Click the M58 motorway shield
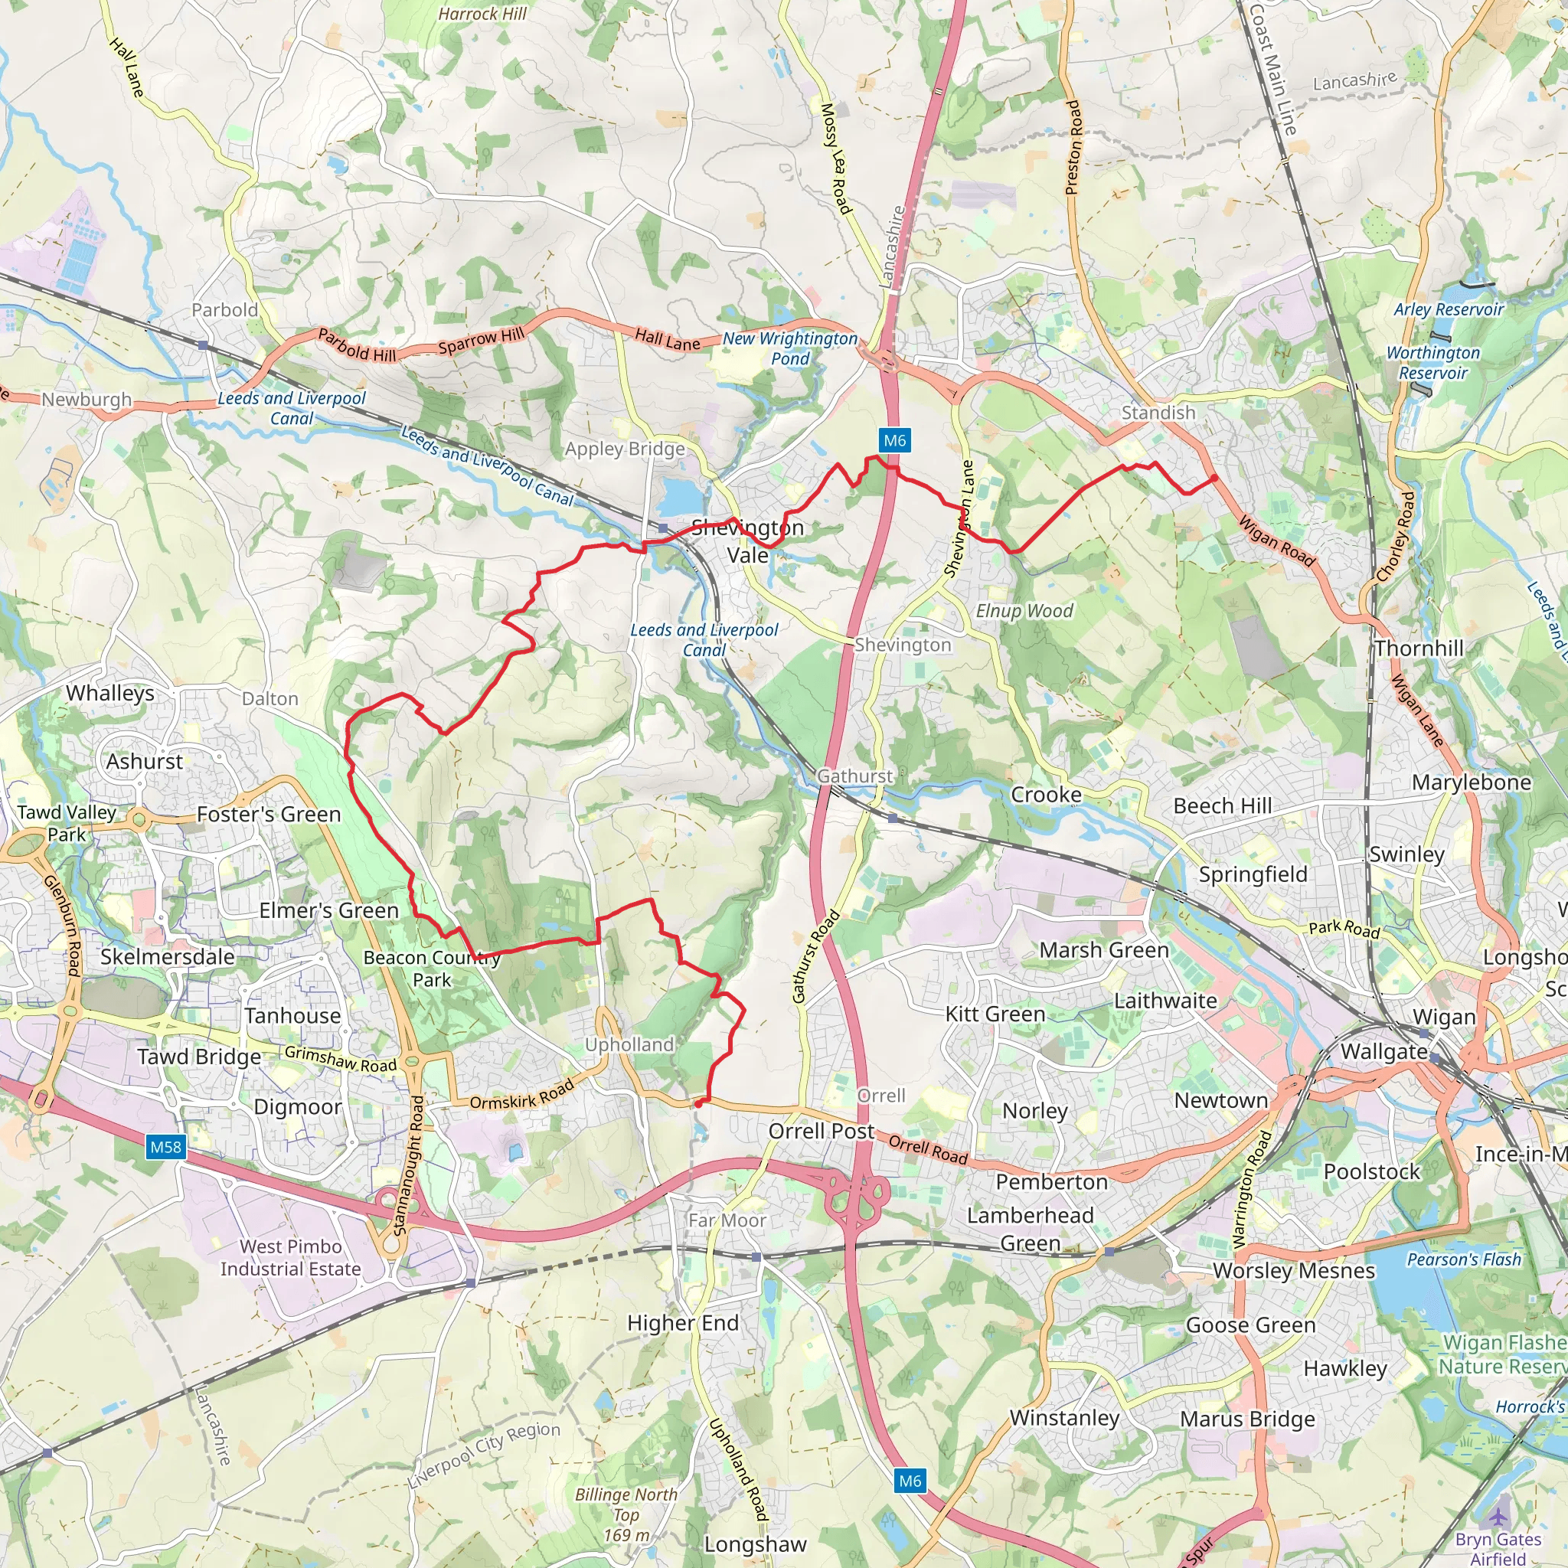[165, 1147]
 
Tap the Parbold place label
[225, 310]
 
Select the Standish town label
[1158, 413]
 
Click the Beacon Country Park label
[432, 969]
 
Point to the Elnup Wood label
[1024, 611]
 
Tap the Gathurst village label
[854, 776]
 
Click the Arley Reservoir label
[1449, 309]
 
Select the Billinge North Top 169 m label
[626, 1514]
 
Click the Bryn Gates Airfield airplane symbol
[1498, 1516]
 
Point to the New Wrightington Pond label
[789, 348]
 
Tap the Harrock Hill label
[482, 14]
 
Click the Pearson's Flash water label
[1464, 1259]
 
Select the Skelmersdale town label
[167, 957]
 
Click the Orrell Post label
[822, 1131]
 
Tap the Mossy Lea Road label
[836, 159]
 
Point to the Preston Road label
[1073, 148]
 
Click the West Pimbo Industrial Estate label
[290, 1257]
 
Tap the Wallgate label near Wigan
[1383, 1051]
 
